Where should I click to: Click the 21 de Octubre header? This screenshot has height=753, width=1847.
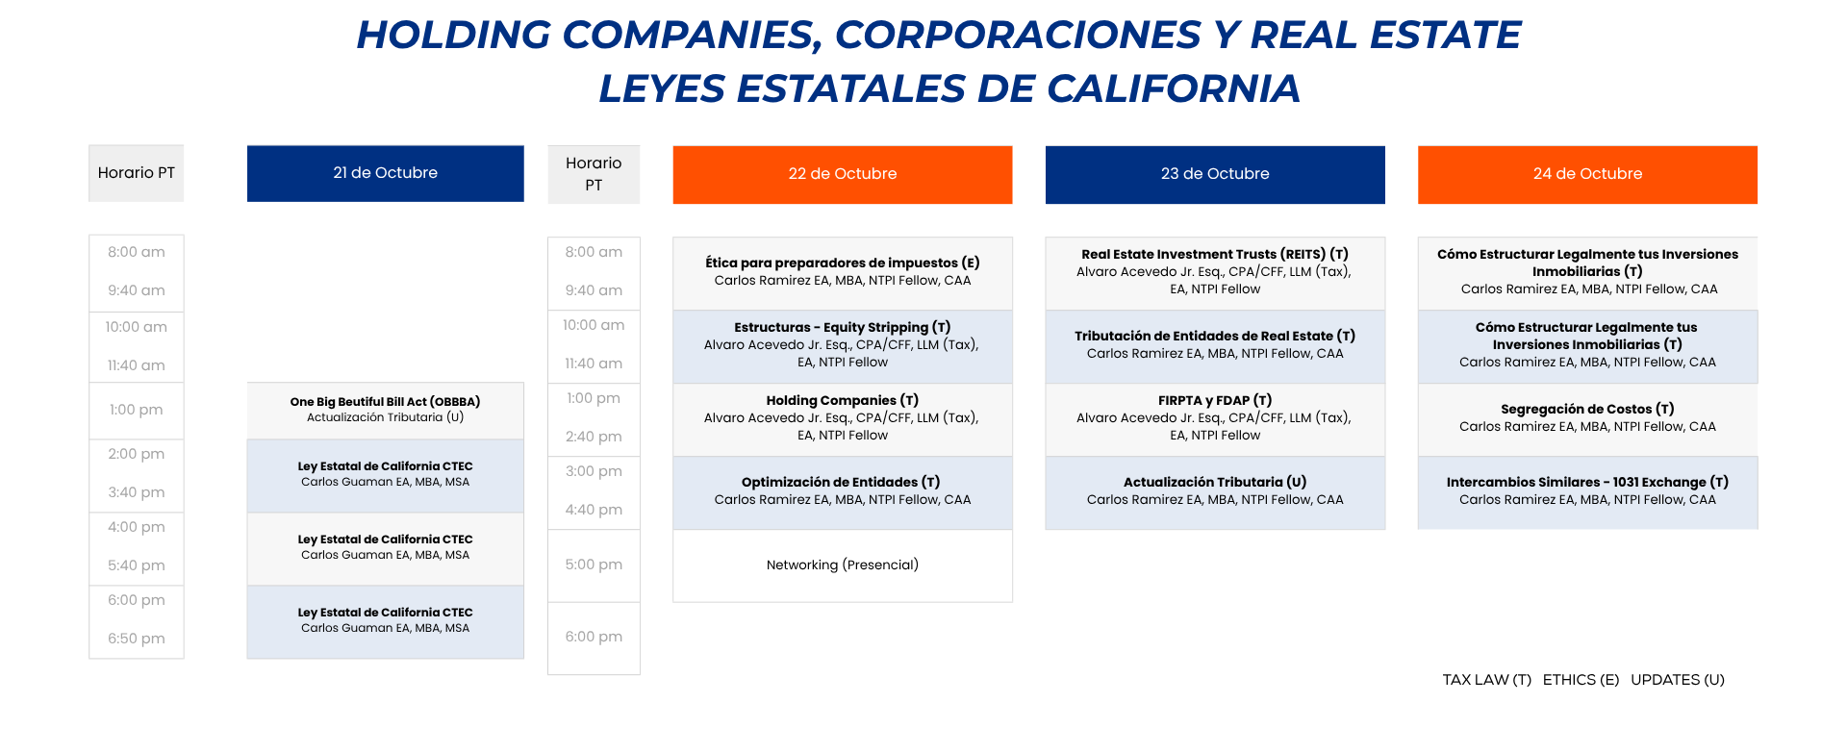[x=385, y=173]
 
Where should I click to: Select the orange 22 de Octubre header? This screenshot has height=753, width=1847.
[x=843, y=174]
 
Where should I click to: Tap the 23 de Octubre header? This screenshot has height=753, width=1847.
[x=1215, y=174]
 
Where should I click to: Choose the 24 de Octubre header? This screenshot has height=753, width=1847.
[x=1587, y=174]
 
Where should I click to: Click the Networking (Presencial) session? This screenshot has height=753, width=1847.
[x=843, y=565]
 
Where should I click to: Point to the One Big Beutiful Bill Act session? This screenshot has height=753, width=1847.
[x=385, y=411]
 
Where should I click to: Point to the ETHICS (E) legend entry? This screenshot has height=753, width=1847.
[x=1581, y=680]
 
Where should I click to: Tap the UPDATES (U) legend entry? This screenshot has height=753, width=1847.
[x=1678, y=680]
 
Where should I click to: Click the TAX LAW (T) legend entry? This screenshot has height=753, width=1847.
[x=1486, y=680]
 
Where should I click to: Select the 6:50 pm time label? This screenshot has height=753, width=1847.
[x=137, y=639]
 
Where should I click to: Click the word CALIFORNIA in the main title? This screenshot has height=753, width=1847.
[x=1174, y=88]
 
